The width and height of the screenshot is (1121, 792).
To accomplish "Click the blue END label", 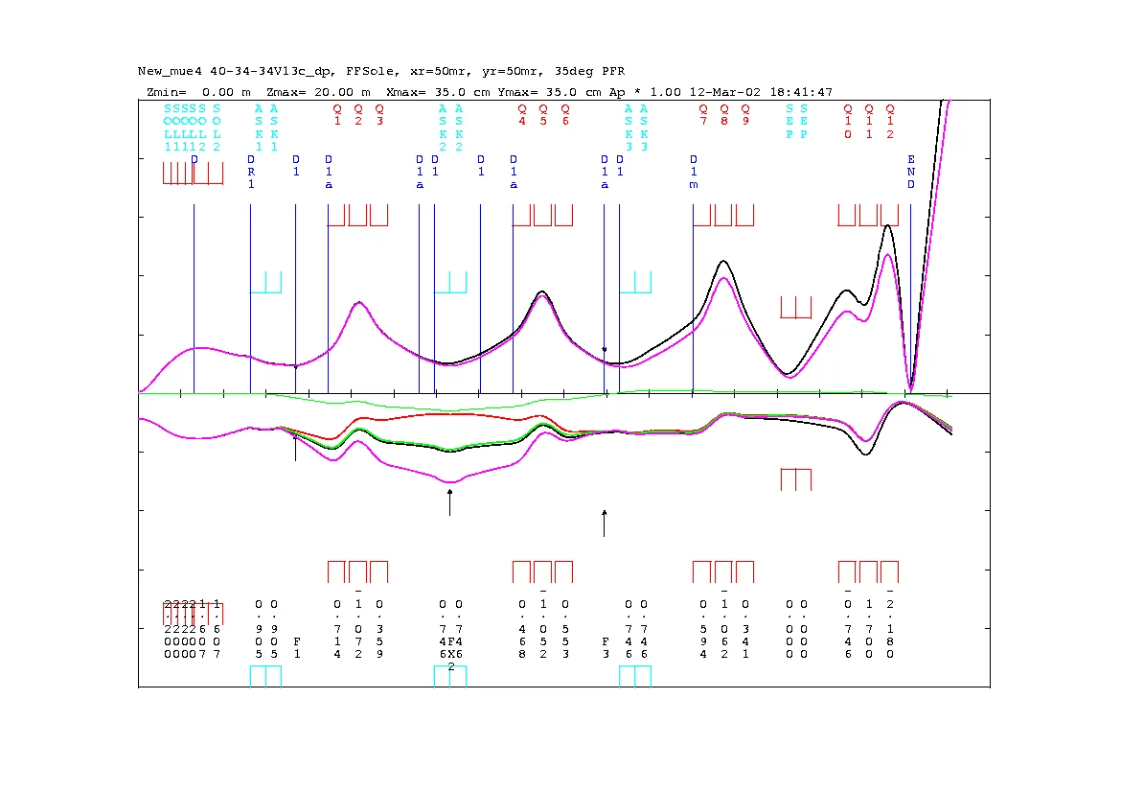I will pos(911,172).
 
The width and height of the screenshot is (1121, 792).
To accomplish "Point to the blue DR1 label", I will pos(251,172).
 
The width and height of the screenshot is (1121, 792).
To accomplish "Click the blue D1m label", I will pos(694,172).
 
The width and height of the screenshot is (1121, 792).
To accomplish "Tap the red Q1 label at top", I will pos(337,115).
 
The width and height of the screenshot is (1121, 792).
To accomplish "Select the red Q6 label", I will pos(565,115).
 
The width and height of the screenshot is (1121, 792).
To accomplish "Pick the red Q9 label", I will pos(744,115).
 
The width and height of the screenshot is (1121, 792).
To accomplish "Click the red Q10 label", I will pos(848,122).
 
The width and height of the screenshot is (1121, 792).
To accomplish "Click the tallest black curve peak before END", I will pos(889,225).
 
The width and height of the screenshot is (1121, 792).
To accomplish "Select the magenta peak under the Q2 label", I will pos(359,303).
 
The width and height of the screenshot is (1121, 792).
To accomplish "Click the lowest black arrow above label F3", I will pos(604,523).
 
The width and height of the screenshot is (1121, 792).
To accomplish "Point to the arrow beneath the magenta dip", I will pos(449,501).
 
